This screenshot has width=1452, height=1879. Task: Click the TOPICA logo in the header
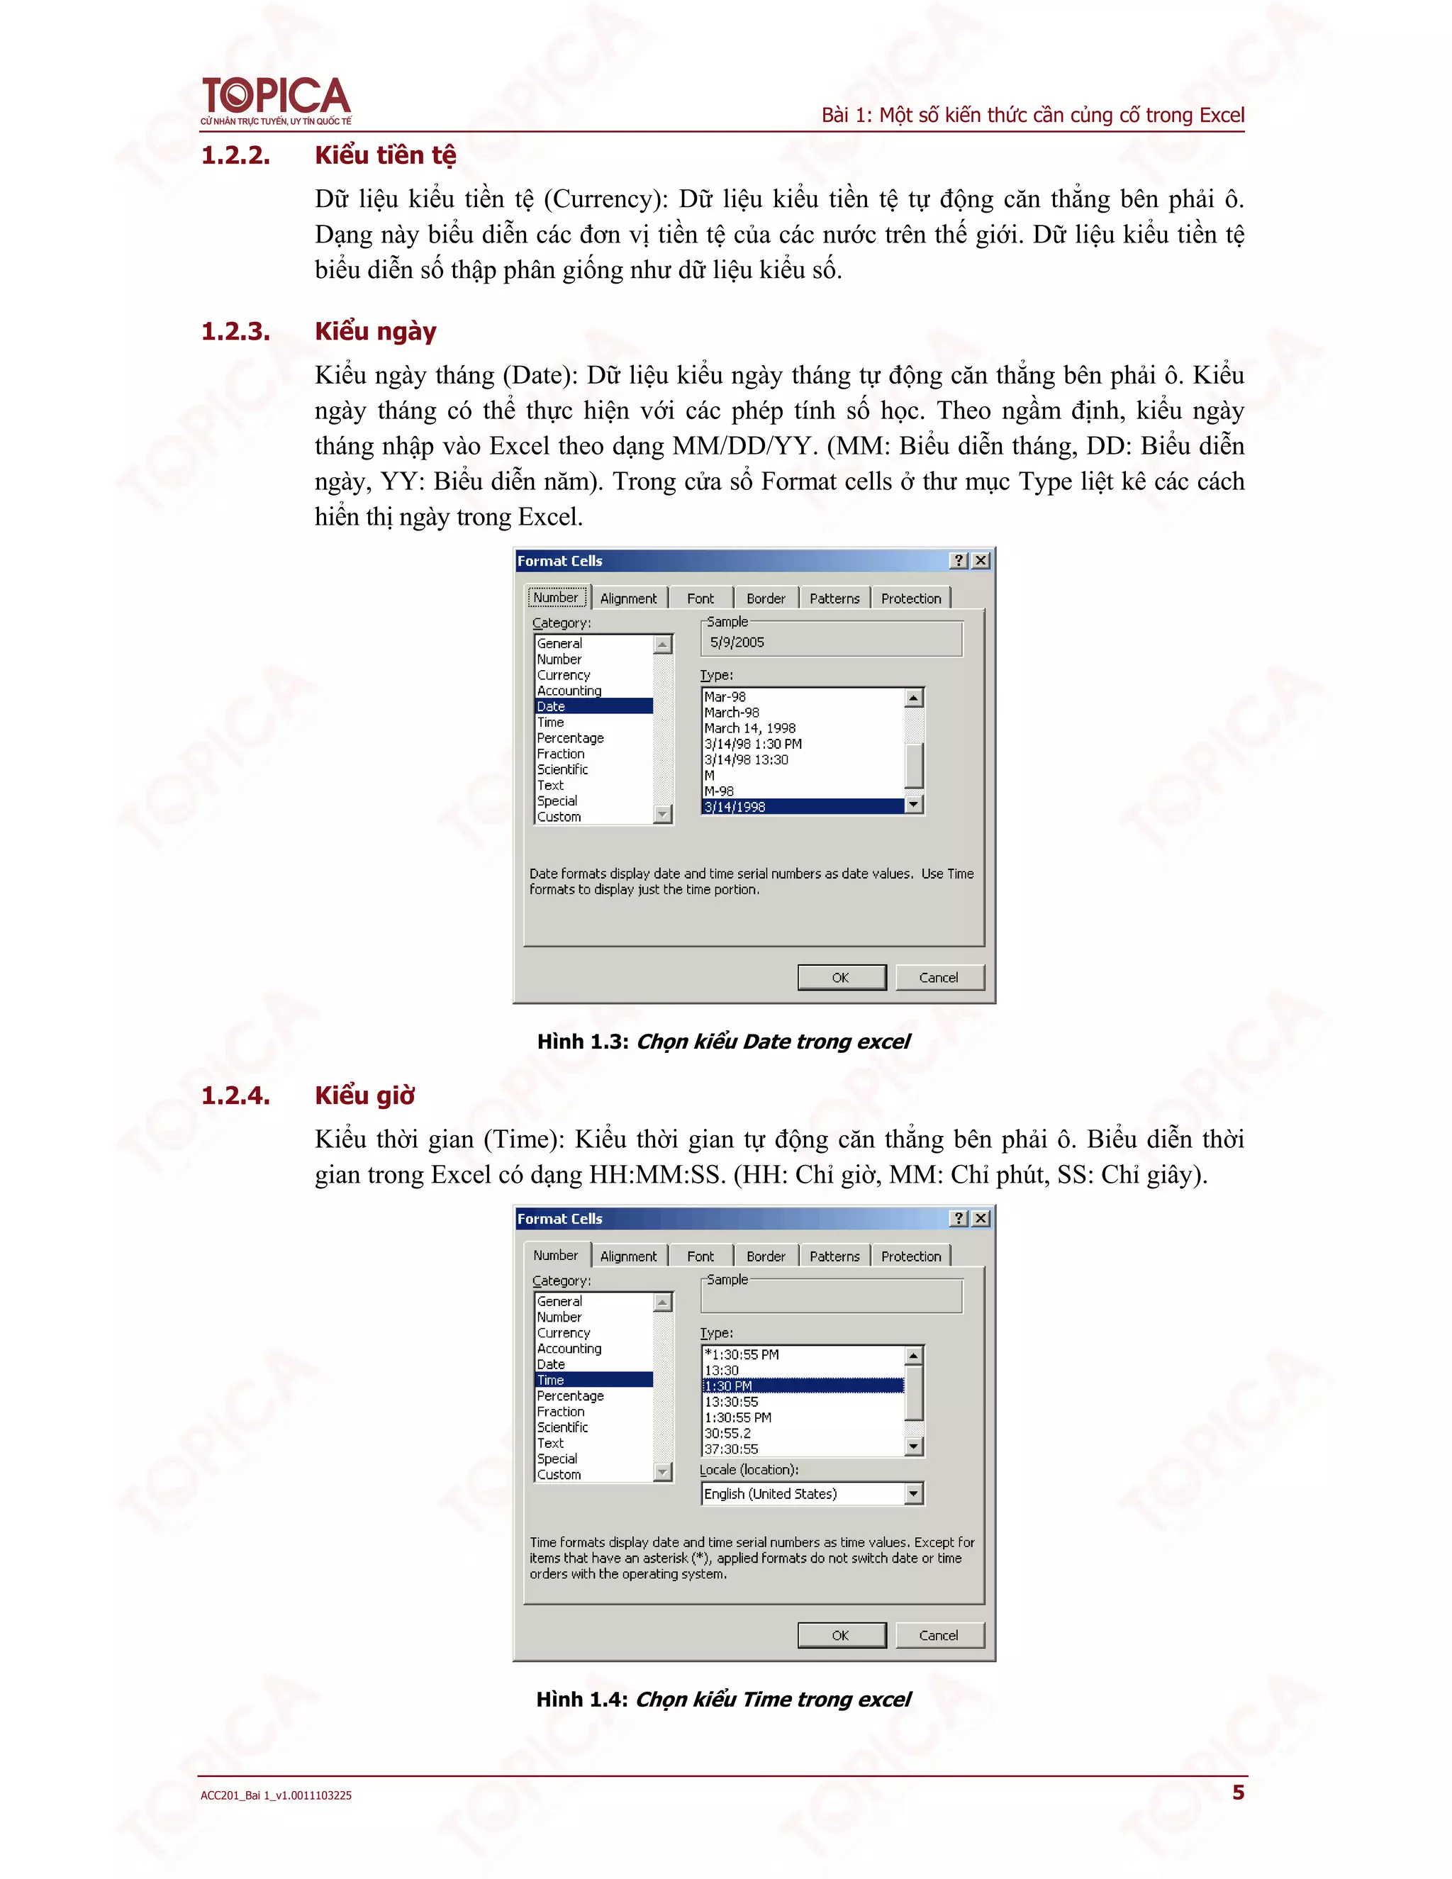[275, 100]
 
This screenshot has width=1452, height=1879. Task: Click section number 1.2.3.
[235, 331]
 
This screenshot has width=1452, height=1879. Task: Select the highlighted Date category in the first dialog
[593, 706]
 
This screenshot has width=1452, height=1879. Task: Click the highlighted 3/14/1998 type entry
[803, 807]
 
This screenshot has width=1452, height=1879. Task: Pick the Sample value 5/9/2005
[737, 642]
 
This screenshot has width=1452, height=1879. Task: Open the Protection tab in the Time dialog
[910, 1256]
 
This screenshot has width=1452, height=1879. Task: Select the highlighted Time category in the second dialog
[593, 1380]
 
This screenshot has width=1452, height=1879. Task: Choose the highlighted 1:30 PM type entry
[803, 1386]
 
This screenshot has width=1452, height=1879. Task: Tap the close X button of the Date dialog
[980, 561]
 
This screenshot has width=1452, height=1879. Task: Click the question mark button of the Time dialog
[959, 1218]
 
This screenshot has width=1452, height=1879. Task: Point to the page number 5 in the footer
[1238, 1792]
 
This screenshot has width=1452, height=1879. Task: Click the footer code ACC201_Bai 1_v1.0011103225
[276, 1795]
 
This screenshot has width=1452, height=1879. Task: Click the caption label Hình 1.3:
[583, 1042]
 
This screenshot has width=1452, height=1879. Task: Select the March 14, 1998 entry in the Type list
[749, 729]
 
